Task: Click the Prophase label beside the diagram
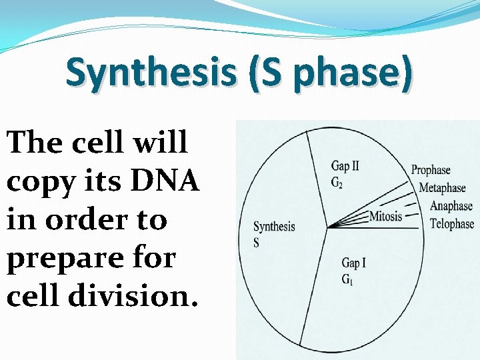[x=431, y=171]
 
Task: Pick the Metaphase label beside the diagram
[x=445, y=189]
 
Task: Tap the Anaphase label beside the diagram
[x=451, y=206]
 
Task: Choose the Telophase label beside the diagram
[x=451, y=224]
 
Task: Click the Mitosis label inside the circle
[x=386, y=216]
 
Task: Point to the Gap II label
[x=345, y=167]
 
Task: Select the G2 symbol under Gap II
[x=338, y=183]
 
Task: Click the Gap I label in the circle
[x=353, y=263]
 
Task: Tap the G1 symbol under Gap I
[x=348, y=279]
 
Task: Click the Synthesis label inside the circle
[x=274, y=227]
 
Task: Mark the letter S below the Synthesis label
[x=257, y=243]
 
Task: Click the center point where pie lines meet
[x=327, y=229]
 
